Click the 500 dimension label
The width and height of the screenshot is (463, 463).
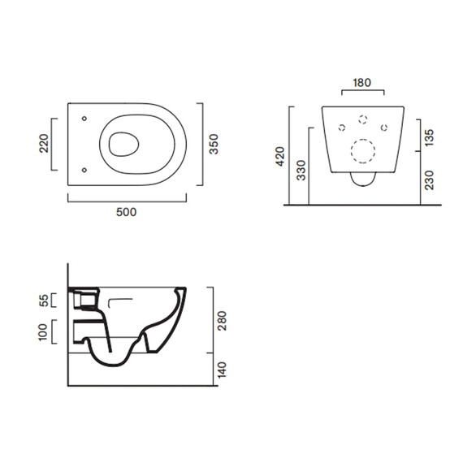pos(126,212)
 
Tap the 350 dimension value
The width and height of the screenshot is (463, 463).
pos(214,144)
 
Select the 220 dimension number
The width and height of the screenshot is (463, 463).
pos(44,143)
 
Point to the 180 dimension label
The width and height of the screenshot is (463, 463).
pos(362,83)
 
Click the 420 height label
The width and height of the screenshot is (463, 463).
pos(279,156)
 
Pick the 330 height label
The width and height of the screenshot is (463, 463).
pos(301,171)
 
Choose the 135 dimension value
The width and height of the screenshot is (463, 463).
pos(429,137)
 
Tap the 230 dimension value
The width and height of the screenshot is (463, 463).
pos(429,180)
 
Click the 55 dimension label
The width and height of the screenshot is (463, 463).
pos(44,301)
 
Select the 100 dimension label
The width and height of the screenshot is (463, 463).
pos(43,332)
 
